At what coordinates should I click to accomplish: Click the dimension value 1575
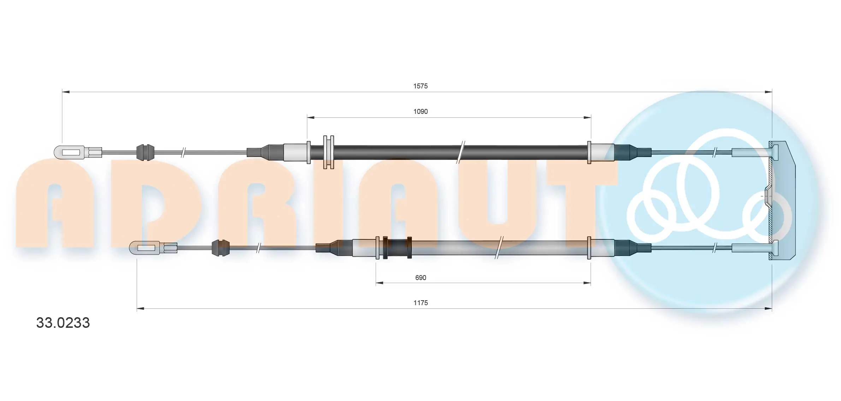420,86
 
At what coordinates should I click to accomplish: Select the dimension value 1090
420,111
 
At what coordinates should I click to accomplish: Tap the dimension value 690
420,278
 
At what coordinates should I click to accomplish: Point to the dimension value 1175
420,303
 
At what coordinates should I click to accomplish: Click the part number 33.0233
63,323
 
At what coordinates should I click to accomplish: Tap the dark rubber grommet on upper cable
145,152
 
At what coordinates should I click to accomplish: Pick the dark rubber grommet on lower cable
220,248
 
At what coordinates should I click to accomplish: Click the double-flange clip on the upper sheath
328,152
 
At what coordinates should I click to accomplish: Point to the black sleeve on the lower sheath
397,248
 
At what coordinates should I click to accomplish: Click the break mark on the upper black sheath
461,152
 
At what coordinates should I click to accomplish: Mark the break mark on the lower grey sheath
499,248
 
